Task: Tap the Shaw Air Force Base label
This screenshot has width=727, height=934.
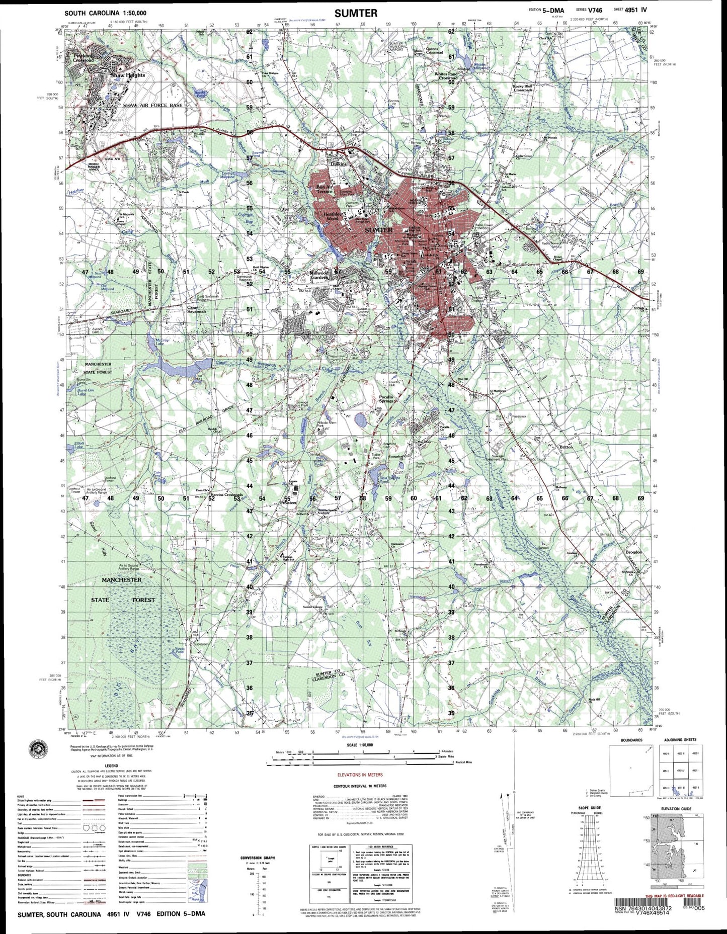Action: click(152, 105)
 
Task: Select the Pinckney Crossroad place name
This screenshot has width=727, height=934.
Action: click(84, 58)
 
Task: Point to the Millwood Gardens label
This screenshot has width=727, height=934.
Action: click(319, 275)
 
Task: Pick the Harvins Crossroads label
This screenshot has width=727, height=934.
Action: click(226, 495)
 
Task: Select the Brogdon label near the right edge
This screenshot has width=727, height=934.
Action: click(633, 552)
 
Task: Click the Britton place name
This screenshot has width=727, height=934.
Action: click(566, 447)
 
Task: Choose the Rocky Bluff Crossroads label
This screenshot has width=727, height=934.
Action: click(522, 88)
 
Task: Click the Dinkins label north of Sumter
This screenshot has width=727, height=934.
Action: click(338, 163)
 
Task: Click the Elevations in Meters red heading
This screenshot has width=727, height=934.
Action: click(360, 775)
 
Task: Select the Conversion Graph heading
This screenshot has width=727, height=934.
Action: click(258, 858)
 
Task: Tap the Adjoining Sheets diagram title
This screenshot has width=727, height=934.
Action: click(680, 740)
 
